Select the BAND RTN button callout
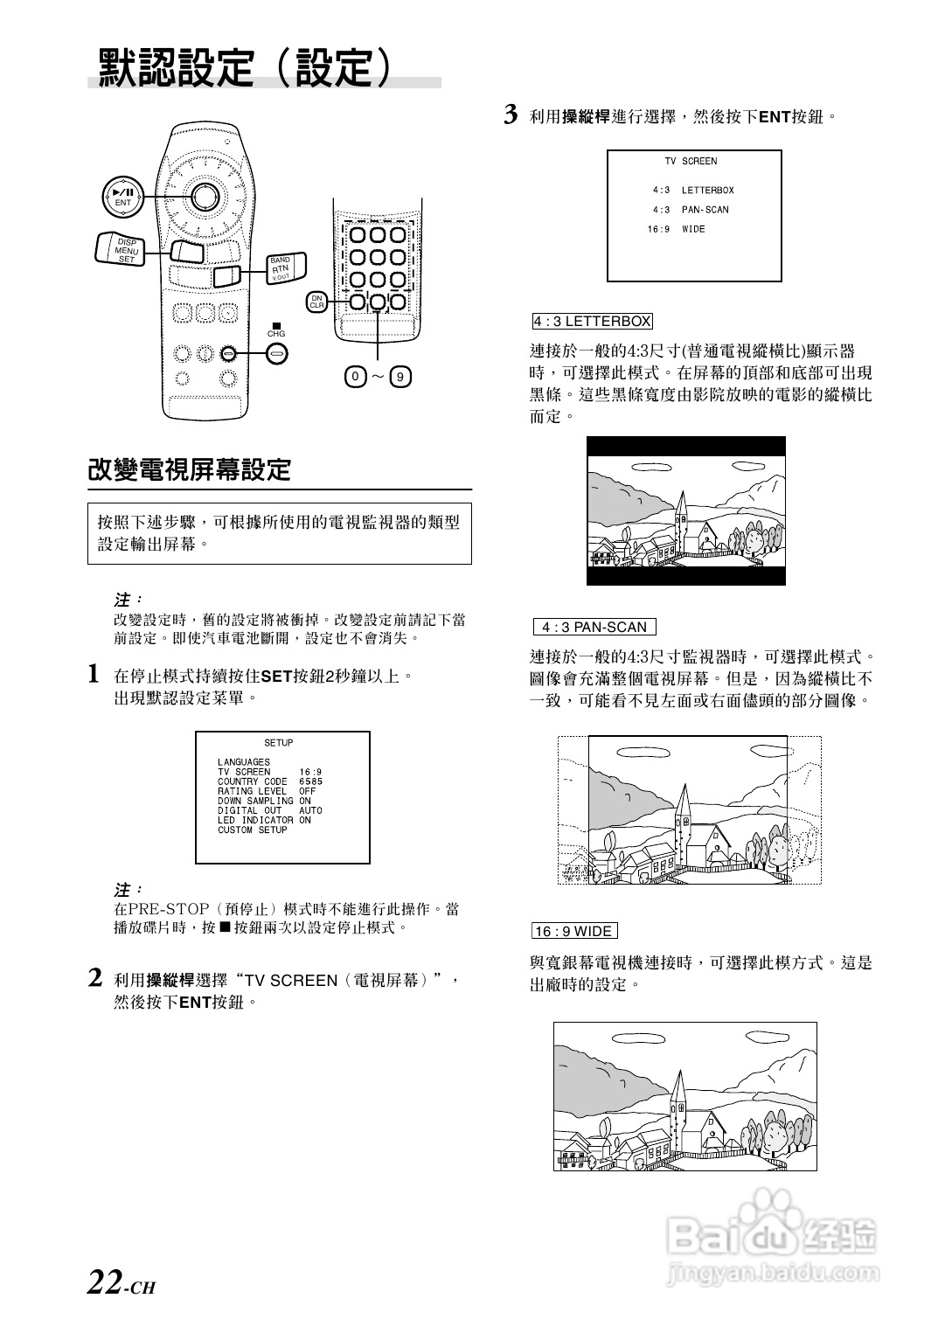coord(281,268)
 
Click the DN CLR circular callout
coord(316,302)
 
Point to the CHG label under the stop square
coord(276,334)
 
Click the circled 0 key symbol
coord(354,377)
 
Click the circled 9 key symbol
coord(400,377)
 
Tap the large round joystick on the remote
coord(205,197)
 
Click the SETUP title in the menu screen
coord(279,743)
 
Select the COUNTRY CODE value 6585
coord(310,781)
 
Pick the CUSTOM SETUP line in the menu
coord(253,830)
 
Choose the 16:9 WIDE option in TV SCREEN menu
coord(676,229)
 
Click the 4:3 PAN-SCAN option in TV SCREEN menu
coord(690,210)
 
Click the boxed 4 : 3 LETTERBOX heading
coord(592,321)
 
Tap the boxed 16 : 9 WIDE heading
coord(573,932)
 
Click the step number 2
coord(97,978)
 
